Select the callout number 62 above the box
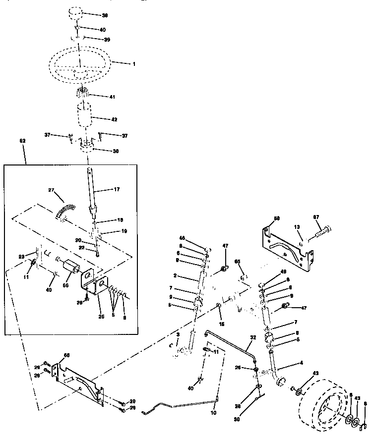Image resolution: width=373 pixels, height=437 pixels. click(22, 141)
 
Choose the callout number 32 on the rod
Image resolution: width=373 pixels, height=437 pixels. click(253, 338)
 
